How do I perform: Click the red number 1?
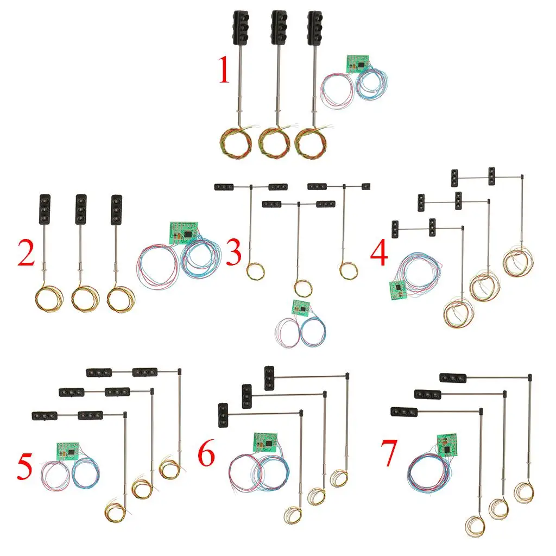(x=224, y=72)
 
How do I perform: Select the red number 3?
(x=233, y=254)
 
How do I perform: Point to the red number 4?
(x=379, y=254)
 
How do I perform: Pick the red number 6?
(x=206, y=455)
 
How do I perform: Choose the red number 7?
(x=390, y=455)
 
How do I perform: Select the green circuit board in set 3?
(x=300, y=308)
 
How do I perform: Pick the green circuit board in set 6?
(x=264, y=441)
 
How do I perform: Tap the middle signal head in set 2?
(x=81, y=209)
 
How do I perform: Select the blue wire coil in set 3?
(x=313, y=332)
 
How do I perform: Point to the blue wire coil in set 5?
(x=85, y=472)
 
